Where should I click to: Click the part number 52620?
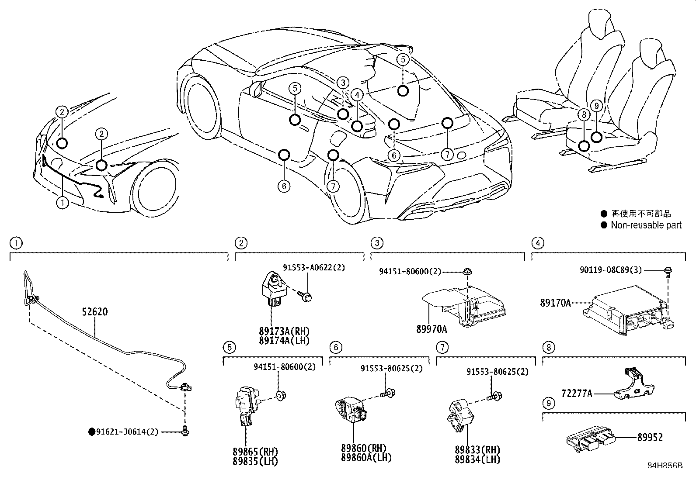94,312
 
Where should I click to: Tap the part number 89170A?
556,303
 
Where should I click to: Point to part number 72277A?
577,394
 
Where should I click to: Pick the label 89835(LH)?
256,460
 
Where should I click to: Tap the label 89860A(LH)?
366,458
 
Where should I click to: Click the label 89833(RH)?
477,450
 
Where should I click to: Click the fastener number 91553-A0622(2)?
314,268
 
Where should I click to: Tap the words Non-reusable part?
646,225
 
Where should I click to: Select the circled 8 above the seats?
583,114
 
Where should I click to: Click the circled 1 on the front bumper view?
63,202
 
